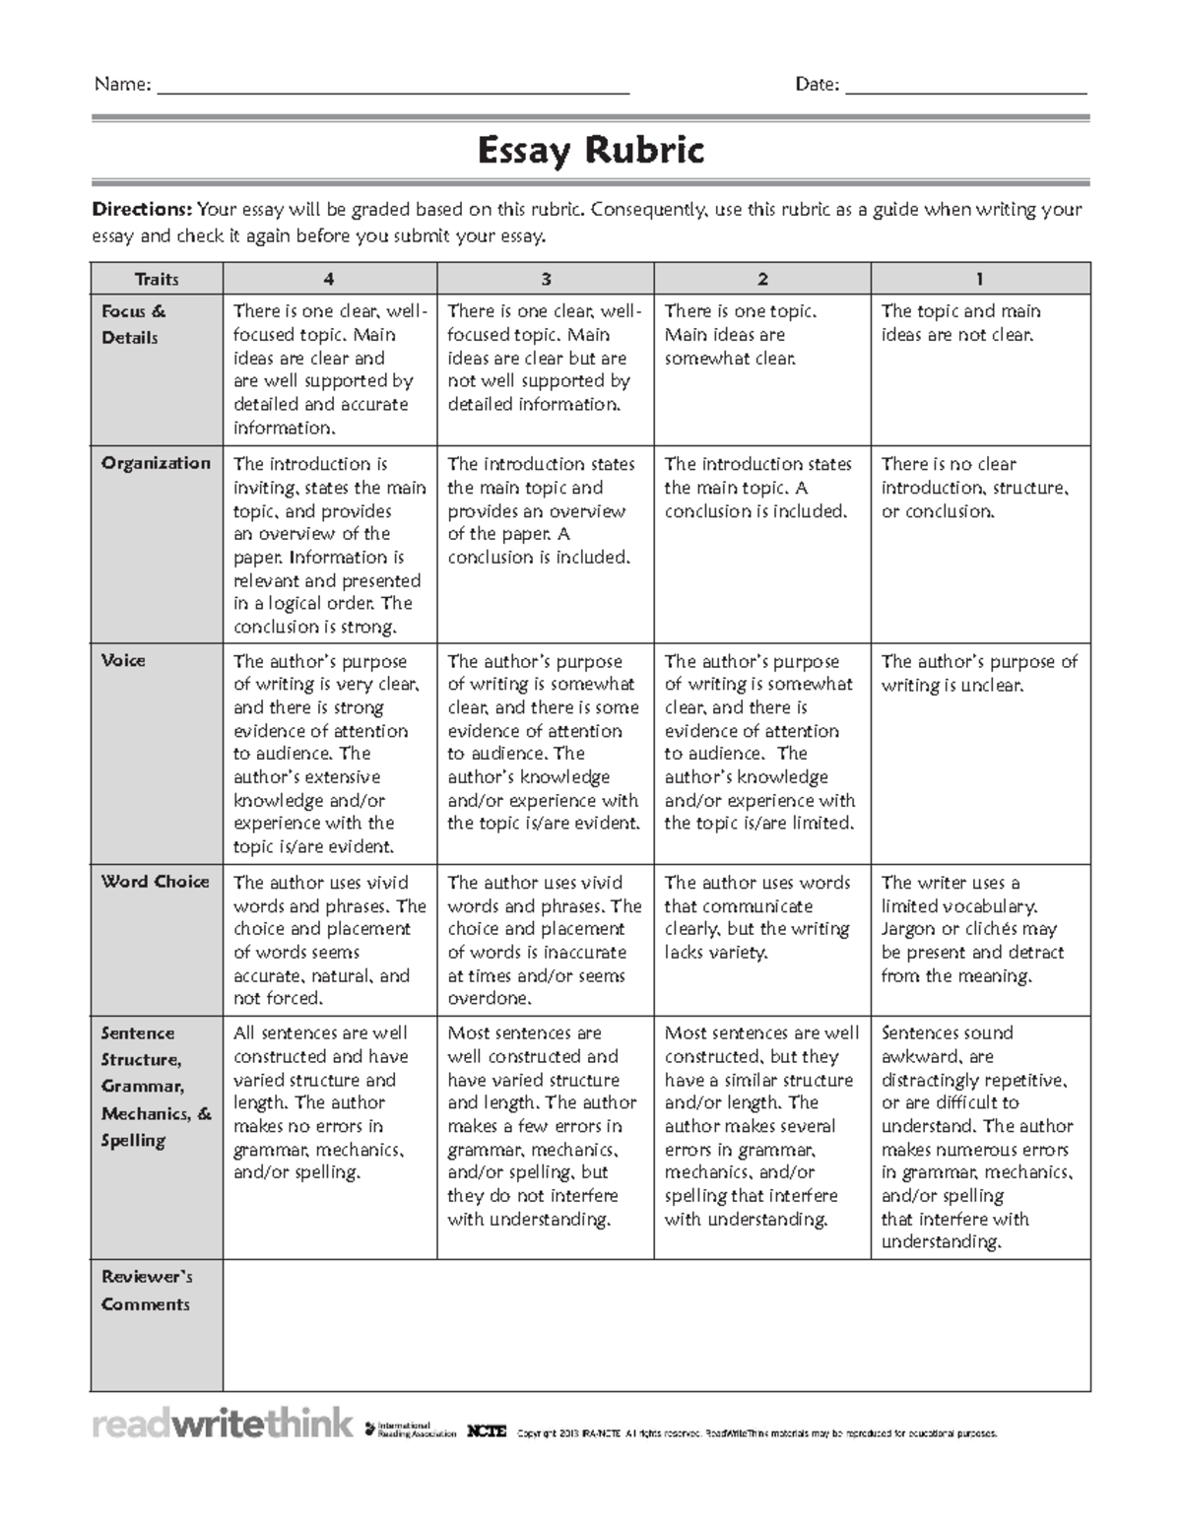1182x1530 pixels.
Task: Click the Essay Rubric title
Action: [590, 152]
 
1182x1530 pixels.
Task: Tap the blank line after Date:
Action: [965, 87]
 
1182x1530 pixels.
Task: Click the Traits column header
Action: [157, 279]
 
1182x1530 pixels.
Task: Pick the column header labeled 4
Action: [329, 279]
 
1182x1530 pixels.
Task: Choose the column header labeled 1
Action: [979, 279]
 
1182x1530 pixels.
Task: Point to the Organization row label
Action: [156, 463]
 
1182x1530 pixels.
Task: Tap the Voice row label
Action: [123, 660]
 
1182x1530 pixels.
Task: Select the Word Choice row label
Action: [155, 882]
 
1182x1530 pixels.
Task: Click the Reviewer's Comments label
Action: [147, 1290]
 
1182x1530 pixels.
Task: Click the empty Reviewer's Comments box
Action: [656, 1324]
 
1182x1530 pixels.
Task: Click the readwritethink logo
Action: [223, 1425]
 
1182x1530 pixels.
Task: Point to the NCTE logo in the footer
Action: [487, 1431]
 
